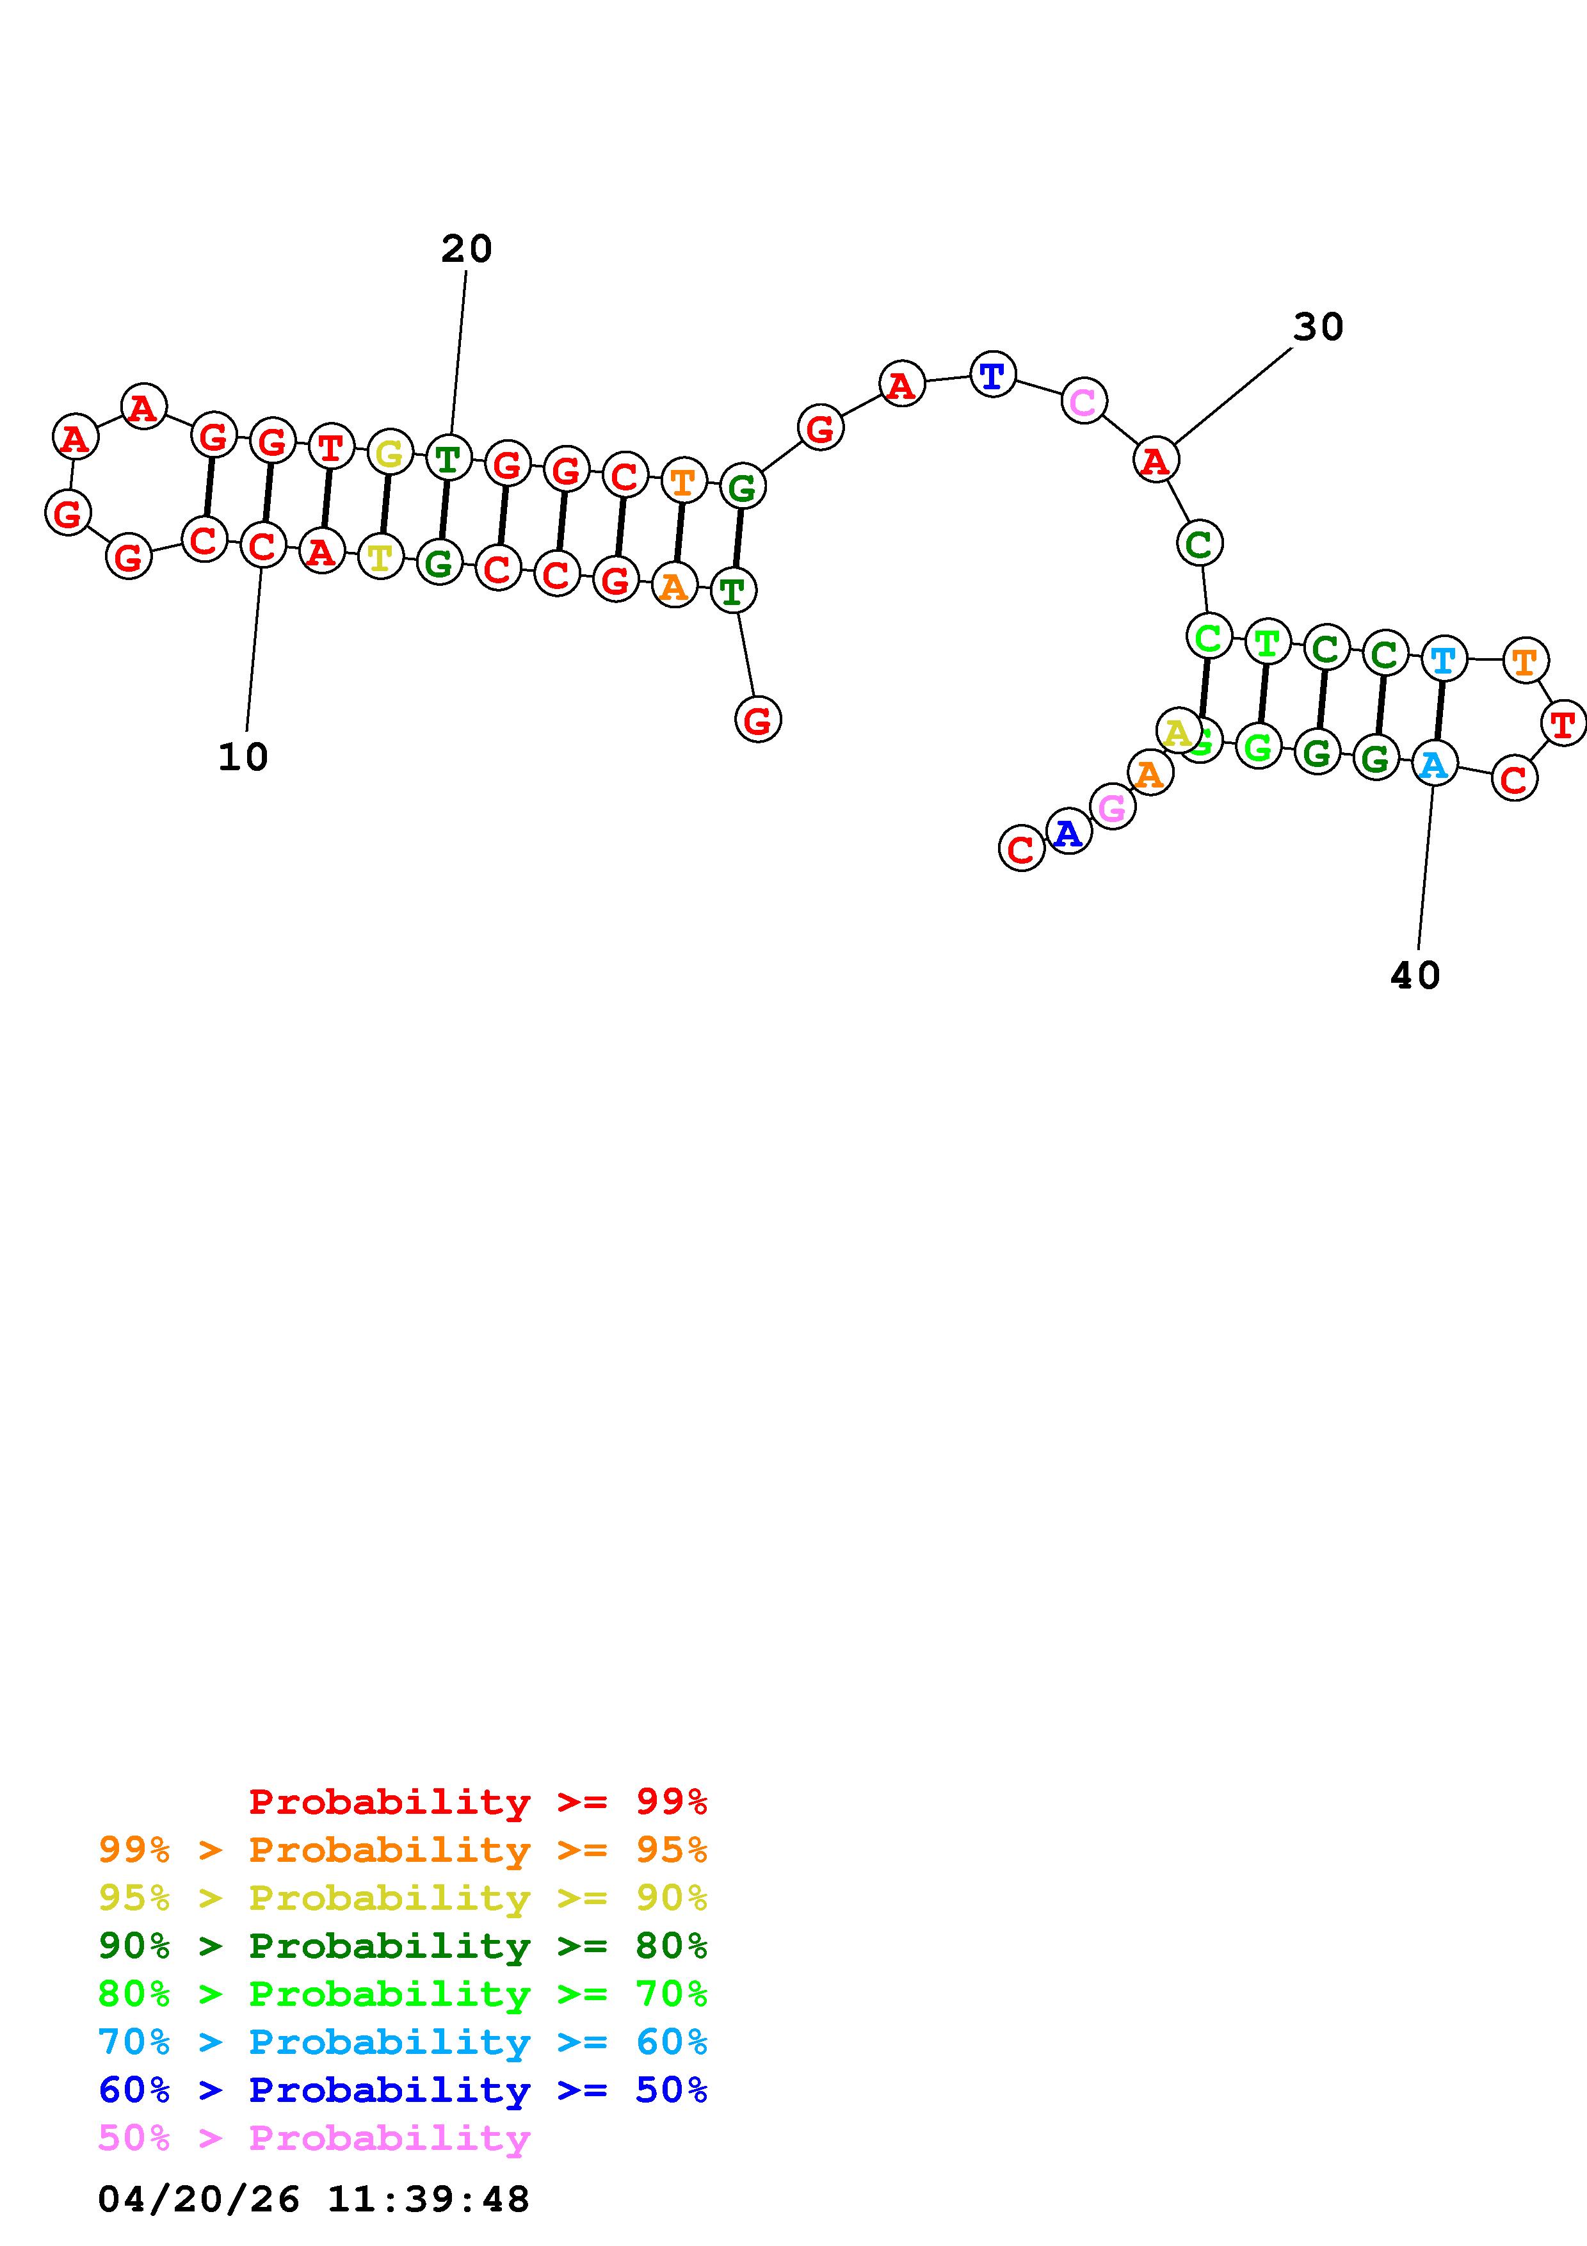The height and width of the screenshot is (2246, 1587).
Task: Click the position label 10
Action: coord(243,757)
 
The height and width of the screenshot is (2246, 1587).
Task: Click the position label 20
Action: coord(467,250)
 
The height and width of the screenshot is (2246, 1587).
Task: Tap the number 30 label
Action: coord(1318,328)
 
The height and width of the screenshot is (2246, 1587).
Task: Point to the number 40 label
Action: coord(1415,975)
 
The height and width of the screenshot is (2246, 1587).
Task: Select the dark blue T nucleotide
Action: coord(992,375)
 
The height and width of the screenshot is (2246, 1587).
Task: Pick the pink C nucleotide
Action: coord(1083,401)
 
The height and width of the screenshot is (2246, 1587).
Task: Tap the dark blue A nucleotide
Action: coord(1068,832)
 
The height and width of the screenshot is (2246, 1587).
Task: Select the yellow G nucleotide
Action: coord(389,453)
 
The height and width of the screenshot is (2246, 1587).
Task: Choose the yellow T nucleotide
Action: coord(380,558)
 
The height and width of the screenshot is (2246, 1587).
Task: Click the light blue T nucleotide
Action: coord(1443,659)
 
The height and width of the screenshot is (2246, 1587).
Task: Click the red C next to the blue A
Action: coord(1021,848)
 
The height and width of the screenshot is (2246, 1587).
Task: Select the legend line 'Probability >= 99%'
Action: coord(478,1802)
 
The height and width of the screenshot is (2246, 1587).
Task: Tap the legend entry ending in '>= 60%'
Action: coord(403,2042)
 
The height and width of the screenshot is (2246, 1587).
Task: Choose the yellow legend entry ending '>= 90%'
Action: coord(403,1898)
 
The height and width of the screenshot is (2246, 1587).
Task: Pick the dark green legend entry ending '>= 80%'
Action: coord(403,1946)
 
